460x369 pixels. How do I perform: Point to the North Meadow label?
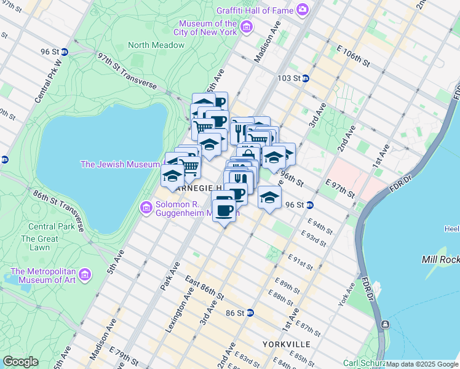156,45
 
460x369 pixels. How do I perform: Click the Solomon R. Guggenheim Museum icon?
147,208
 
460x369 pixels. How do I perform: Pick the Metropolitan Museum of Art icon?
85,273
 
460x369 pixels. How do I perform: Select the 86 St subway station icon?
250,312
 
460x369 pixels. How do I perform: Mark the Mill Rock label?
439,260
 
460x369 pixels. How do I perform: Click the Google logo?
20,362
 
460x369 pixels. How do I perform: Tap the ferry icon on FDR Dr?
385,323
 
